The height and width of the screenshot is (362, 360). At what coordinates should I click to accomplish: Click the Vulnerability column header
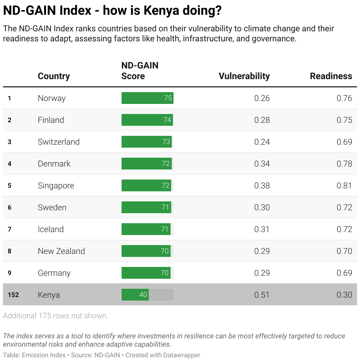(244, 76)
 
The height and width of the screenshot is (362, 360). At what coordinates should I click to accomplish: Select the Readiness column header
(331, 76)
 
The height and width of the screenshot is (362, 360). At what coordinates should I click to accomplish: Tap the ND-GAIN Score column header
(140, 71)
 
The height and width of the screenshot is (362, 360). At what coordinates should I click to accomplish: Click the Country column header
(54, 76)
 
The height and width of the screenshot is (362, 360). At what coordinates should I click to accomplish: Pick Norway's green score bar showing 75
(147, 98)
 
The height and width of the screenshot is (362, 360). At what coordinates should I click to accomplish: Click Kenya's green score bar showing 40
(135, 295)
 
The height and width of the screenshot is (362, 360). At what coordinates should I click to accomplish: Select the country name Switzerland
(59, 142)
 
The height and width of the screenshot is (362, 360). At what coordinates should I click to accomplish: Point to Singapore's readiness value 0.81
(344, 185)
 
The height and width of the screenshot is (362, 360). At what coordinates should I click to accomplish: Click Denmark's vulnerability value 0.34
(262, 164)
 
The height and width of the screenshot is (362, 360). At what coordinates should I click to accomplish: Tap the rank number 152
(13, 295)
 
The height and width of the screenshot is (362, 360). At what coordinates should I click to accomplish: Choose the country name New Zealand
(61, 251)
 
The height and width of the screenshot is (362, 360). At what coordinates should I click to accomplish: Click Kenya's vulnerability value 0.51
(262, 295)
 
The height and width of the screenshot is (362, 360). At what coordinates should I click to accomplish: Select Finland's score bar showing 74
(147, 120)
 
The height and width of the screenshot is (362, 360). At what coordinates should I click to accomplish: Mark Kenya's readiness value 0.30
(344, 295)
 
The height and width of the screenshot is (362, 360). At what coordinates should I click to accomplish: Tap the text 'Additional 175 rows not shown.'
(55, 316)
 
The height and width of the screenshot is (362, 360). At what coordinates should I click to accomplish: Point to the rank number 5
(9, 185)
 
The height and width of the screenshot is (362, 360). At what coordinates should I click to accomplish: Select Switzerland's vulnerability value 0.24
(262, 142)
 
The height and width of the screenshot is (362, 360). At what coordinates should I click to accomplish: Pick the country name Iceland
(51, 229)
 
